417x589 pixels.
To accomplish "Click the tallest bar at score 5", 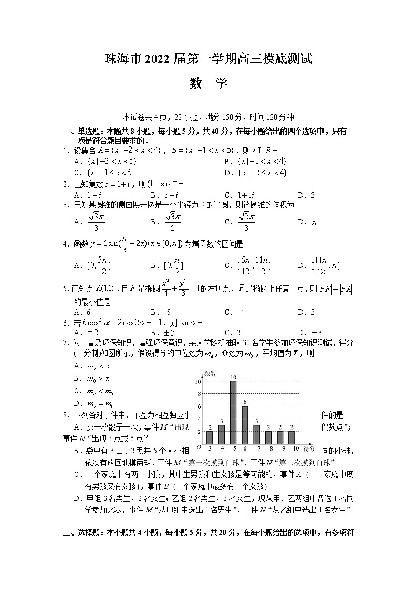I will [x=233, y=412].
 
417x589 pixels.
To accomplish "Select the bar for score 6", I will [x=245, y=425].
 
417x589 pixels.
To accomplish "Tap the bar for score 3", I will [x=210, y=437].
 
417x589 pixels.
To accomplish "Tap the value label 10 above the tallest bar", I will [x=233, y=377].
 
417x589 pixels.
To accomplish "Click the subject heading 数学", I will [x=208, y=83].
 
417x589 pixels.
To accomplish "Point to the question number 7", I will [x=65, y=342].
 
